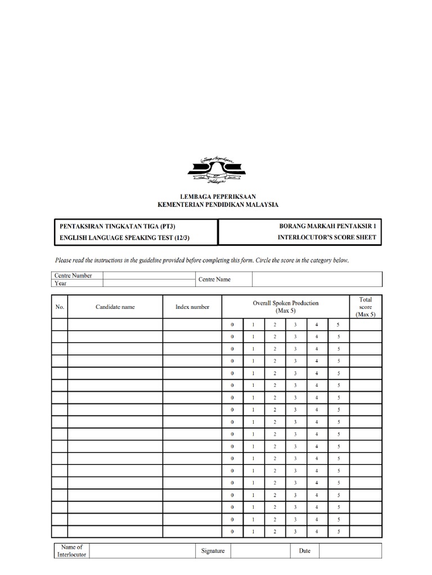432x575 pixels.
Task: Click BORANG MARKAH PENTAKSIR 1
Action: point(323,226)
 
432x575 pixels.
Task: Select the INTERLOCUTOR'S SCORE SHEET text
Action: point(327,238)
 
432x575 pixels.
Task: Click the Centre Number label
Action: point(73,276)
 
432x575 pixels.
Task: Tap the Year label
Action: point(61,284)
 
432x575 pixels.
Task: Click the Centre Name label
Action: point(214,280)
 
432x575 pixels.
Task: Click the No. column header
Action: point(60,307)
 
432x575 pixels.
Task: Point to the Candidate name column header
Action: point(115,307)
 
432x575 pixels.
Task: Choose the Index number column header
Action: point(192,307)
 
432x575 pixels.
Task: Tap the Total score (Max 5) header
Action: point(366,307)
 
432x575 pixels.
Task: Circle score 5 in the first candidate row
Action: point(339,325)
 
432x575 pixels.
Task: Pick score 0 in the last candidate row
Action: point(232,531)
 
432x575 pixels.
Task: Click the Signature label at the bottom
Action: point(213,551)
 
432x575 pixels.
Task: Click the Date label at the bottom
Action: point(304,551)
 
